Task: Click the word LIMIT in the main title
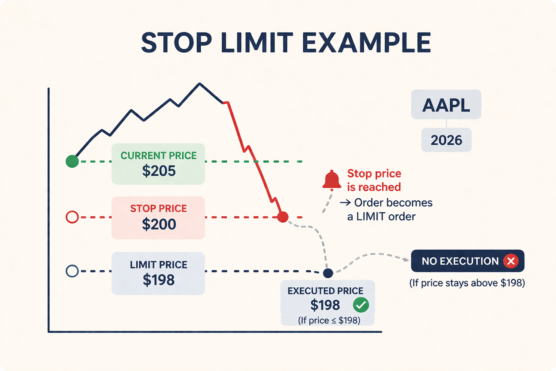click(x=257, y=43)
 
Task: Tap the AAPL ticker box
click(x=446, y=105)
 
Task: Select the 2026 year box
click(x=446, y=140)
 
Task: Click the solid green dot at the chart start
click(x=72, y=161)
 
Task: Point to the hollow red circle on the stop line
click(x=72, y=217)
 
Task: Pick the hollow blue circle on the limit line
click(x=72, y=271)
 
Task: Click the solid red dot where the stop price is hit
click(x=283, y=217)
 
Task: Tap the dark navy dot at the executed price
click(x=328, y=273)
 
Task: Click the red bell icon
click(x=332, y=180)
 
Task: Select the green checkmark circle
click(x=361, y=305)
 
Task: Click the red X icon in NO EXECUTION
click(x=511, y=261)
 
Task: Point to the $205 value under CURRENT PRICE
click(x=159, y=171)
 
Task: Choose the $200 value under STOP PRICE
click(x=159, y=225)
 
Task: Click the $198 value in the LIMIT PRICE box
click(x=159, y=280)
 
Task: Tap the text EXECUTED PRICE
click(x=325, y=291)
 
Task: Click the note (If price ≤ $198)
click(x=329, y=321)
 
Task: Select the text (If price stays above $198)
click(x=467, y=283)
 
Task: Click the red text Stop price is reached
click(x=374, y=180)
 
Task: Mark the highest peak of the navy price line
click(x=199, y=84)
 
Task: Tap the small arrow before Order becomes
click(x=345, y=203)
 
